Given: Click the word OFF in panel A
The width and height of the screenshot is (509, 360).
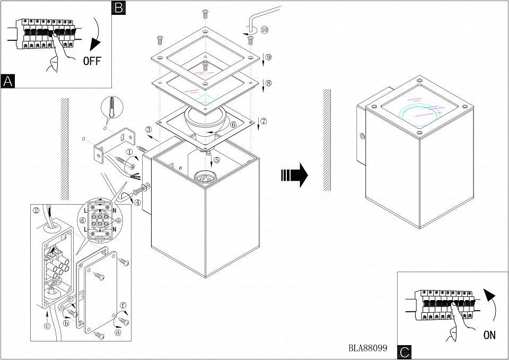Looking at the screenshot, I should pyautogui.click(x=91, y=60).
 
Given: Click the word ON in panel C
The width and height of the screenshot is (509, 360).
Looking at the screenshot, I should pyautogui.click(x=490, y=335).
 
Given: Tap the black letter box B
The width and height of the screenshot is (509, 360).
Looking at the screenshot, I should pyautogui.click(x=119, y=7).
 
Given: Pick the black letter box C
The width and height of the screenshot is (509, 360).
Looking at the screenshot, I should pyautogui.click(x=404, y=352).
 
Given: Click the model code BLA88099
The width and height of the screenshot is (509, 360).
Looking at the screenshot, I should pyautogui.click(x=367, y=348).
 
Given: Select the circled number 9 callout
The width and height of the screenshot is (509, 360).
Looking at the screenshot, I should pyautogui.click(x=268, y=57).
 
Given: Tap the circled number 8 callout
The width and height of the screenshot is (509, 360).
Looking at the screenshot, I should pyautogui.click(x=268, y=83).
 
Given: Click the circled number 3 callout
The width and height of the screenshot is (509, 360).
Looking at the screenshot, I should pyautogui.click(x=149, y=129).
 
